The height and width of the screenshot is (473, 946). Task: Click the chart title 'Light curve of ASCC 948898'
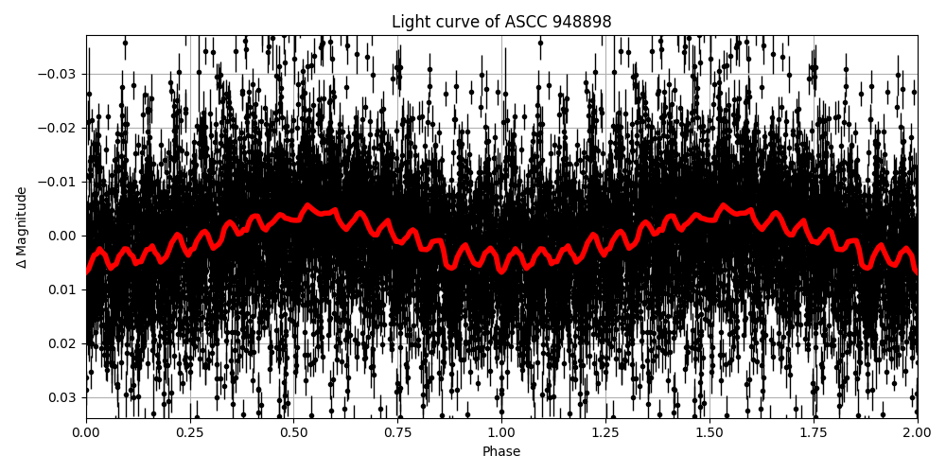[x=501, y=22]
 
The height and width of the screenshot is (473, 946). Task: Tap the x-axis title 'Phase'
[x=501, y=452]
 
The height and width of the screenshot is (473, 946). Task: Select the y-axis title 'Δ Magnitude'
[x=22, y=227]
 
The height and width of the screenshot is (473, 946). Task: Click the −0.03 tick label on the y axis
[x=59, y=75]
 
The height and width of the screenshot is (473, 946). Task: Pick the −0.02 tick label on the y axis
[x=59, y=129]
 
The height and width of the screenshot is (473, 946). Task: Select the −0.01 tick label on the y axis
[x=59, y=182]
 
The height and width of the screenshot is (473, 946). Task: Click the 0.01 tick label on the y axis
[x=62, y=289]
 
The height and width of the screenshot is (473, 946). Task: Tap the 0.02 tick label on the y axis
[x=62, y=343]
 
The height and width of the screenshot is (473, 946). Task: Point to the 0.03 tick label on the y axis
[x=62, y=396]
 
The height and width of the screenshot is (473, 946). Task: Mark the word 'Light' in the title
[x=410, y=22]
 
